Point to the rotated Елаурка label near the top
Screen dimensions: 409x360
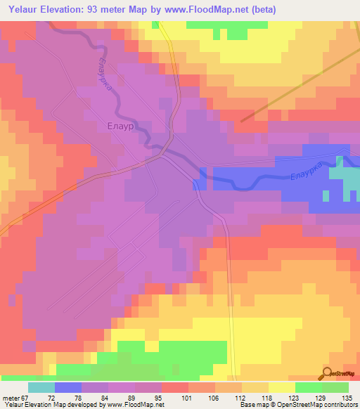click(105, 78)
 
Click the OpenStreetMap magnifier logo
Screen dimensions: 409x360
click(326, 375)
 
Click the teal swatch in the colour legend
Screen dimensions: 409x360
click(41, 387)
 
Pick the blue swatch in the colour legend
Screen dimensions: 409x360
click(68, 387)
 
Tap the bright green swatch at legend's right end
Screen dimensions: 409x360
click(335, 387)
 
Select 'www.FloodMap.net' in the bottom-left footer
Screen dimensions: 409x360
click(136, 405)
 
